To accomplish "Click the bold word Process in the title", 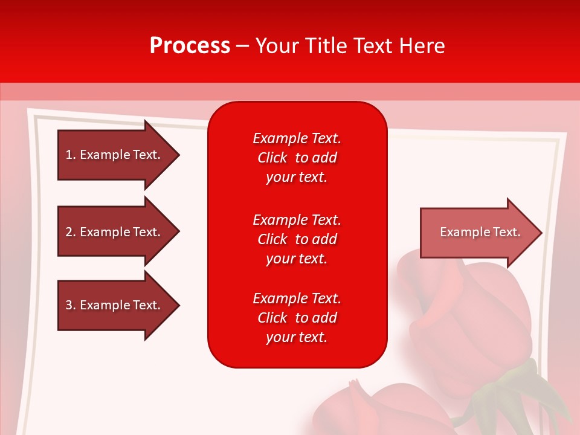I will tap(190, 45).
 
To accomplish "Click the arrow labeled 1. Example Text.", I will tap(113, 155).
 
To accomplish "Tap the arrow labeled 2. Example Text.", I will tap(113, 232).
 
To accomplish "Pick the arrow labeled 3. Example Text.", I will tap(113, 305).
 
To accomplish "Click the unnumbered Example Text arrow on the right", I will tap(480, 232).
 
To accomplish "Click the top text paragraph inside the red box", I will tap(297, 158).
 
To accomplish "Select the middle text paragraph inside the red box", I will tap(297, 239).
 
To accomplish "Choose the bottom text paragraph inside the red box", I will tap(297, 318).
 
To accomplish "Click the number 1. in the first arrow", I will tap(70, 155).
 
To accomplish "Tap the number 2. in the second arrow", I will tap(70, 232).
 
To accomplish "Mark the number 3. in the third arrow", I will tap(70, 305).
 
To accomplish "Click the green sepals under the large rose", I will tap(514, 387).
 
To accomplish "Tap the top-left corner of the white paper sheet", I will tap(30, 111).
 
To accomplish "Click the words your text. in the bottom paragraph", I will tap(297, 337).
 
